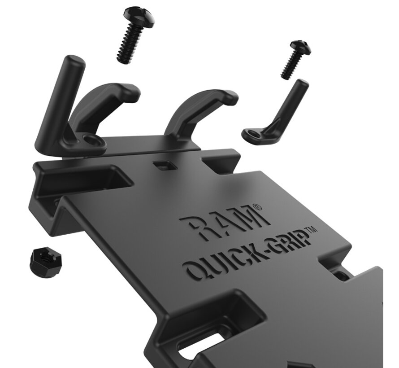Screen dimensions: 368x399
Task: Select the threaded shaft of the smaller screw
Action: tap(292, 66)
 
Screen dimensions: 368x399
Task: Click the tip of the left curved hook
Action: tap(132, 92)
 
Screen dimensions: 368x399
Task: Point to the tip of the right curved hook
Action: tap(230, 97)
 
